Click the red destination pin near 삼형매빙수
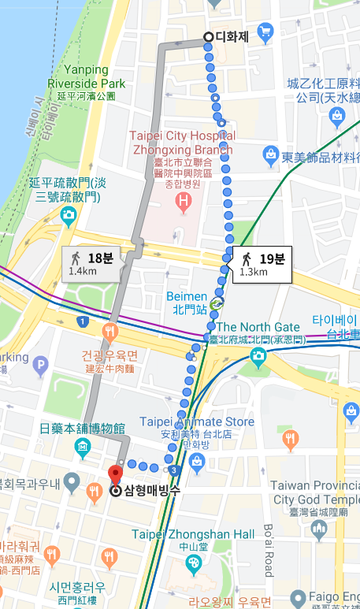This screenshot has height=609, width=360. [116, 475]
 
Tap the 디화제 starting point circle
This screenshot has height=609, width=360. [208, 36]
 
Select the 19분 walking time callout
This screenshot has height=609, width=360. [262, 264]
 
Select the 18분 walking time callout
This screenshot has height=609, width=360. [93, 264]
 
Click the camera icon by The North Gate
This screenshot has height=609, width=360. [258, 357]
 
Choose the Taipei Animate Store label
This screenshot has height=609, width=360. [197, 422]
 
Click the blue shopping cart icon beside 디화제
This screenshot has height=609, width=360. [265, 32]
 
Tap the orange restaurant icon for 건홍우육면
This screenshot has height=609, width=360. [109, 331]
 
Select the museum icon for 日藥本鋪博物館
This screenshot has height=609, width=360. [83, 448]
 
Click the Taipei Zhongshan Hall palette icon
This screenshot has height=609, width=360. [193, 563]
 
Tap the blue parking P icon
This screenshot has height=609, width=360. [41, 364]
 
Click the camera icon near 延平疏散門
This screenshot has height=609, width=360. [68, 214]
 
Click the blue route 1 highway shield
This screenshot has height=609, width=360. [83, 321]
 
